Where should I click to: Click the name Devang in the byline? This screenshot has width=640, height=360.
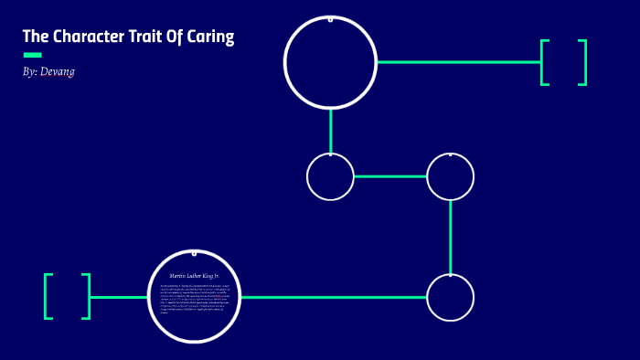(x=58, y=71)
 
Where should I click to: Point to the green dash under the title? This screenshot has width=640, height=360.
(x=32, y=55)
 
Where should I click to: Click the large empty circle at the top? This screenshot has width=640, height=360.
(x=330, y=62)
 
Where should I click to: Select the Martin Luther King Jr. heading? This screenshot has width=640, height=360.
(x=194, y=275)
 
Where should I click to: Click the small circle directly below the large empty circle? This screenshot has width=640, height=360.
(x=330, y=176)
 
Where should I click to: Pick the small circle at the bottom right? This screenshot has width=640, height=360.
(x=450, y=297)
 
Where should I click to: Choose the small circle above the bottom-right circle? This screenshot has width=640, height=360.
(x=450, y=176)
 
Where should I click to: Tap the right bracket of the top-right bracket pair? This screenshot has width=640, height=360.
(x=582, y=62)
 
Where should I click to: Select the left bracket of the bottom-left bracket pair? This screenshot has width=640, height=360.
(x=48, y=297)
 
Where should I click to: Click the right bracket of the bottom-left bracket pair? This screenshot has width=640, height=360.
(x=87, y=297)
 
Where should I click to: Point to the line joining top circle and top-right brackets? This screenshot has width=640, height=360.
(x=457, y=62)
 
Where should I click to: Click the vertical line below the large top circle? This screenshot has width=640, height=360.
(x=330, y=131)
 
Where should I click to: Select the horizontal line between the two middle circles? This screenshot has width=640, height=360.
(x=390, y=176)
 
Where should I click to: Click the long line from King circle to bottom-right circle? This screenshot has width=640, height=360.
(x=334, y=297)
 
